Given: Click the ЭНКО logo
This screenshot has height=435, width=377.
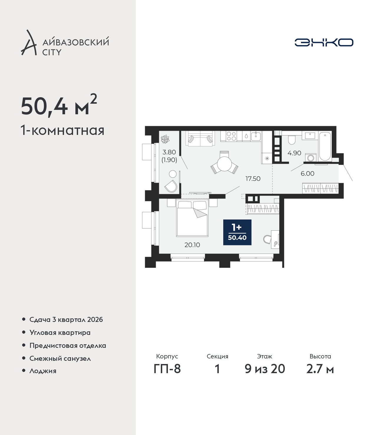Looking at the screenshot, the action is coord(324,42).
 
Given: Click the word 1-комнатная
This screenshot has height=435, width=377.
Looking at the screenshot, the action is coord(62,131).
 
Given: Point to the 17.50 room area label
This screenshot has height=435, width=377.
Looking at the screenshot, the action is coord(253,179).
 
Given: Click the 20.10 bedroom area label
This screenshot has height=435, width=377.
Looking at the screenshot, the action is coord(192,245).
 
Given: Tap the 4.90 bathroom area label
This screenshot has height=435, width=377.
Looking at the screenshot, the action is coord(294,153).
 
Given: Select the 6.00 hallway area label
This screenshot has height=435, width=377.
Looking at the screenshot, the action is coord(307,174).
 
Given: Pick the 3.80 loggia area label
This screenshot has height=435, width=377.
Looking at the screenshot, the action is coord(169,152).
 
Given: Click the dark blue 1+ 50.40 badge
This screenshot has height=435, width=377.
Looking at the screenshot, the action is coord(237,232).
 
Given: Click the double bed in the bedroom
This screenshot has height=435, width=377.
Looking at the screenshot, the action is coord(192,219).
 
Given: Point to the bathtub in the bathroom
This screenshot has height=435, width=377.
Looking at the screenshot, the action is coord(325,146).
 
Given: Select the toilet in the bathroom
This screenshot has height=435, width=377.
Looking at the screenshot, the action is coord(292,139).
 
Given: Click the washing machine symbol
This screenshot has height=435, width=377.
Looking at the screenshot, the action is coord(310,157).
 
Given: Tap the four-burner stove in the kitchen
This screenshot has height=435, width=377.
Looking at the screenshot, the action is coord(231,136).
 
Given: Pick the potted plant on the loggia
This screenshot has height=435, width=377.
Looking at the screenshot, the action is coord(165,139).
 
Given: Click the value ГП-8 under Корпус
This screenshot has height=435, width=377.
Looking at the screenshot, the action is coord(167,369).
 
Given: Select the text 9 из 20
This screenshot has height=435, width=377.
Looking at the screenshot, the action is coord(264,369).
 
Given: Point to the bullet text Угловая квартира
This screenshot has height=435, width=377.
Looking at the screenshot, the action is coord(60,333).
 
